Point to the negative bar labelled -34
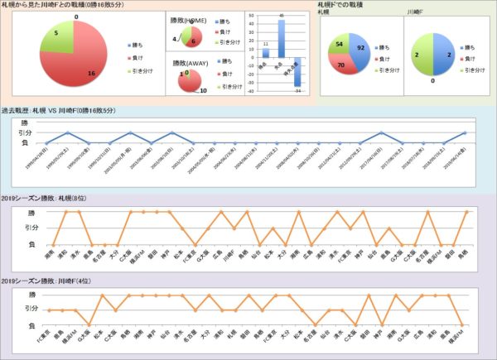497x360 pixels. pos(297,74)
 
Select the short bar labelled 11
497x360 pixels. pos(266,53)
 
